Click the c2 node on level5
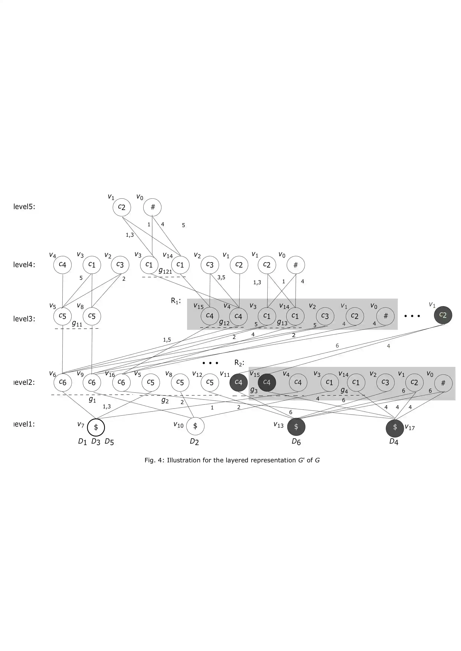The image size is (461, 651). click(x=122, y=207)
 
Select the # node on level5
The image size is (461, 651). click(x=152, y=207)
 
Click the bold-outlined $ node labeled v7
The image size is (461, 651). click(x=96, y=427)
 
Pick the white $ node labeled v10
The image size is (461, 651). click(x=195, y=426)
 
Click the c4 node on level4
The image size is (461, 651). click(x=63, y=265)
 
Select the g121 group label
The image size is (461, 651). click(x=165, y=271)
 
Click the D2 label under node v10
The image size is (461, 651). click(x=194, y=442)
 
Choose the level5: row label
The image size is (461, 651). click(x=24, y=207)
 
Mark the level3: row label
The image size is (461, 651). click(x=24, y=319)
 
